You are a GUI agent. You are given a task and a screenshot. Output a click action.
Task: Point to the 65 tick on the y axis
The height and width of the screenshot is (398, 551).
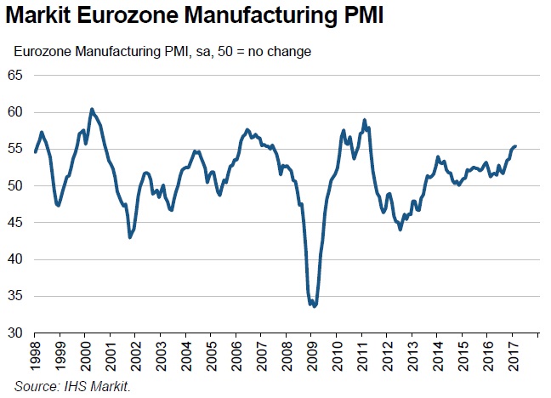[x=16, y=76]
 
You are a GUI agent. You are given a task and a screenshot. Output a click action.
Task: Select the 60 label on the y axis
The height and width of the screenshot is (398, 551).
[x=16, y=112]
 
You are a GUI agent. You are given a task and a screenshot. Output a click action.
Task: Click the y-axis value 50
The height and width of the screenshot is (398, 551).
[x=16, y=186]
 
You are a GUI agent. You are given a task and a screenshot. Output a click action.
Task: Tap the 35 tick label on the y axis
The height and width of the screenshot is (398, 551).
[x=16, y=297]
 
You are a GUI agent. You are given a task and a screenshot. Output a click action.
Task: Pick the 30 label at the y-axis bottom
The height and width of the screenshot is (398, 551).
[x=16, y=333]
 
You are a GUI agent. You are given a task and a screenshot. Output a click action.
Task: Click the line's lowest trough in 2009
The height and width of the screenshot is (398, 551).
[x=315, y=306]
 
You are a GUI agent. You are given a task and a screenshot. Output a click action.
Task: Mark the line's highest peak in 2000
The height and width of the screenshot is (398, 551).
[x=92, y=109]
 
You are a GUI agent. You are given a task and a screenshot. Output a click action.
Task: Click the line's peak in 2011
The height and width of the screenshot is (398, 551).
[x=364, y=120]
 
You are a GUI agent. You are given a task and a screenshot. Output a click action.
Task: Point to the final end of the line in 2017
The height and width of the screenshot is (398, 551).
[x=515, y=146]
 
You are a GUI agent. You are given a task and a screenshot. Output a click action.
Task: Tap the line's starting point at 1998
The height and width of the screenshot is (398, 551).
[x=35, y=151]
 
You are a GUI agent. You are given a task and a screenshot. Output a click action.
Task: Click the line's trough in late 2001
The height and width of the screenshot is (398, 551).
[x=129, y=237]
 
